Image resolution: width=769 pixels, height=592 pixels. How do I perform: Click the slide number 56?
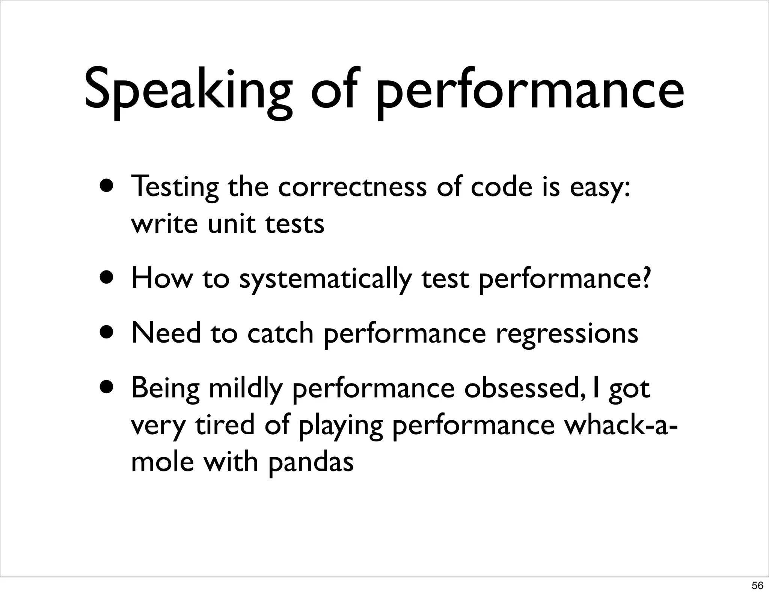(x=757, y=585)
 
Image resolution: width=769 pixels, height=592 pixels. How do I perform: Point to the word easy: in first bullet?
(x=600, y=188)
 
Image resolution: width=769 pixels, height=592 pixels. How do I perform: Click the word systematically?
(x=325, y=280)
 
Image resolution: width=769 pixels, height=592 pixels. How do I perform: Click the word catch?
(x=280, y=333)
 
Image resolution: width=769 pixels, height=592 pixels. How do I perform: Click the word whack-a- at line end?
(x=622, y=425)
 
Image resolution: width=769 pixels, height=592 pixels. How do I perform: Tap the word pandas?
(x=311, y=462)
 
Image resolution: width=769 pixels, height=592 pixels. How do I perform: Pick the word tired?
(x=225, y=425)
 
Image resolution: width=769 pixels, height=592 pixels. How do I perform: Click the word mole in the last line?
(x=162, y=462)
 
